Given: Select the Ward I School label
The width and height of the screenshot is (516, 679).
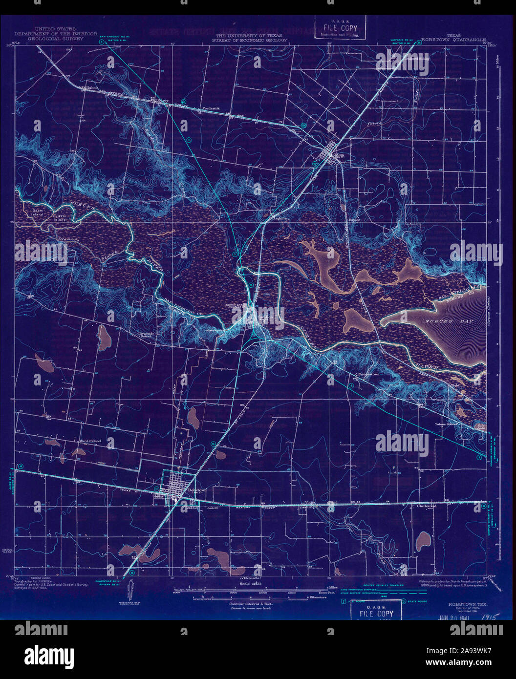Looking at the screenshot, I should coord(89,441).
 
